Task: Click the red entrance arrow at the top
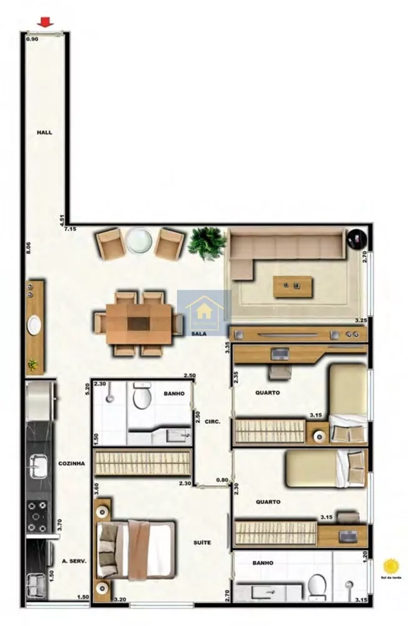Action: (44, 23)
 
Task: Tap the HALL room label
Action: (44, 133)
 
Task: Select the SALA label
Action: (200, 335)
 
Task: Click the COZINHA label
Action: (71, 464)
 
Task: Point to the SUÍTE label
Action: (201, 543)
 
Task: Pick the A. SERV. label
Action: (74, 561)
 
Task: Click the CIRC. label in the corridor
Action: (212, 422)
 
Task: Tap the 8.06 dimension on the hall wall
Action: (28, 247)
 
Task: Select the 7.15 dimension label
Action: (69, 230)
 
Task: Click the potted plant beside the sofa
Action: (207, 243)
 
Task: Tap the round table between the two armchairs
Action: (138, 242)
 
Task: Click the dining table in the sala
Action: (139, 324)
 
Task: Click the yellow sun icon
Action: (392, 566)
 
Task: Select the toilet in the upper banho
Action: (143, 396)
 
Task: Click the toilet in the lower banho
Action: (317, 587)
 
